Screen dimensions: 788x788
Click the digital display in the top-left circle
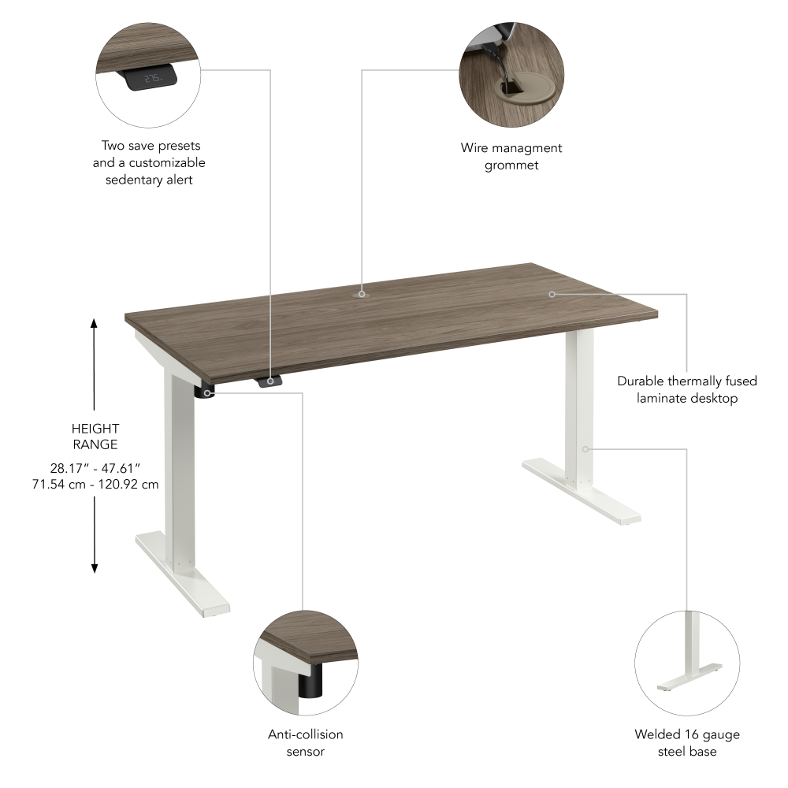click(x=147, y=77)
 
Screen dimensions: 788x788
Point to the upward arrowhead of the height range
click(x=94, y=323)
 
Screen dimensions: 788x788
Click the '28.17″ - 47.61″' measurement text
click(x=95, y=467)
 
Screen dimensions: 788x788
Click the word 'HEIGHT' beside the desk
click(x=95, y=429)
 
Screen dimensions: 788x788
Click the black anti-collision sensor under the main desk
click(x=206, y=392)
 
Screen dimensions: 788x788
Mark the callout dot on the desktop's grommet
click(x=362, y=294)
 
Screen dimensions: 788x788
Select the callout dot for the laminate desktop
click(x=552, y=294)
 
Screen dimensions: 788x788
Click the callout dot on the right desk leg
click(x=585, y=449)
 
